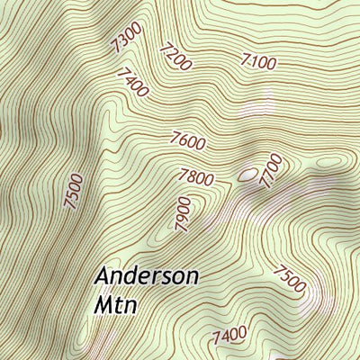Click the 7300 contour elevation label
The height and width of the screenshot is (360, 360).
128,40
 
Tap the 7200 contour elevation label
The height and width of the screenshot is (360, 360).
175,58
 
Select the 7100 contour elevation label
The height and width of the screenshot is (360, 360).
259,61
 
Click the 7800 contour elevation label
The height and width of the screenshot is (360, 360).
196,177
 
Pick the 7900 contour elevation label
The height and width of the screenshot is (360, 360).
184,215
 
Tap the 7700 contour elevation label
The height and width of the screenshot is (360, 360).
271,171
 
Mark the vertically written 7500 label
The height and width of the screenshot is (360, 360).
75,192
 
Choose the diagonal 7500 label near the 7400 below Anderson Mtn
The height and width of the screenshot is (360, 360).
290,279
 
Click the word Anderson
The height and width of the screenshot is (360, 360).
147,275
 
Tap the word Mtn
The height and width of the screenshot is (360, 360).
115,304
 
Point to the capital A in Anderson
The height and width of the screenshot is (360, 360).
103,275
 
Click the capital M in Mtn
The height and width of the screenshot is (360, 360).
103,304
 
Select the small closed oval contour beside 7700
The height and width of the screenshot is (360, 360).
247,172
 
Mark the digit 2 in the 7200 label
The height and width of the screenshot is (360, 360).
172,55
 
